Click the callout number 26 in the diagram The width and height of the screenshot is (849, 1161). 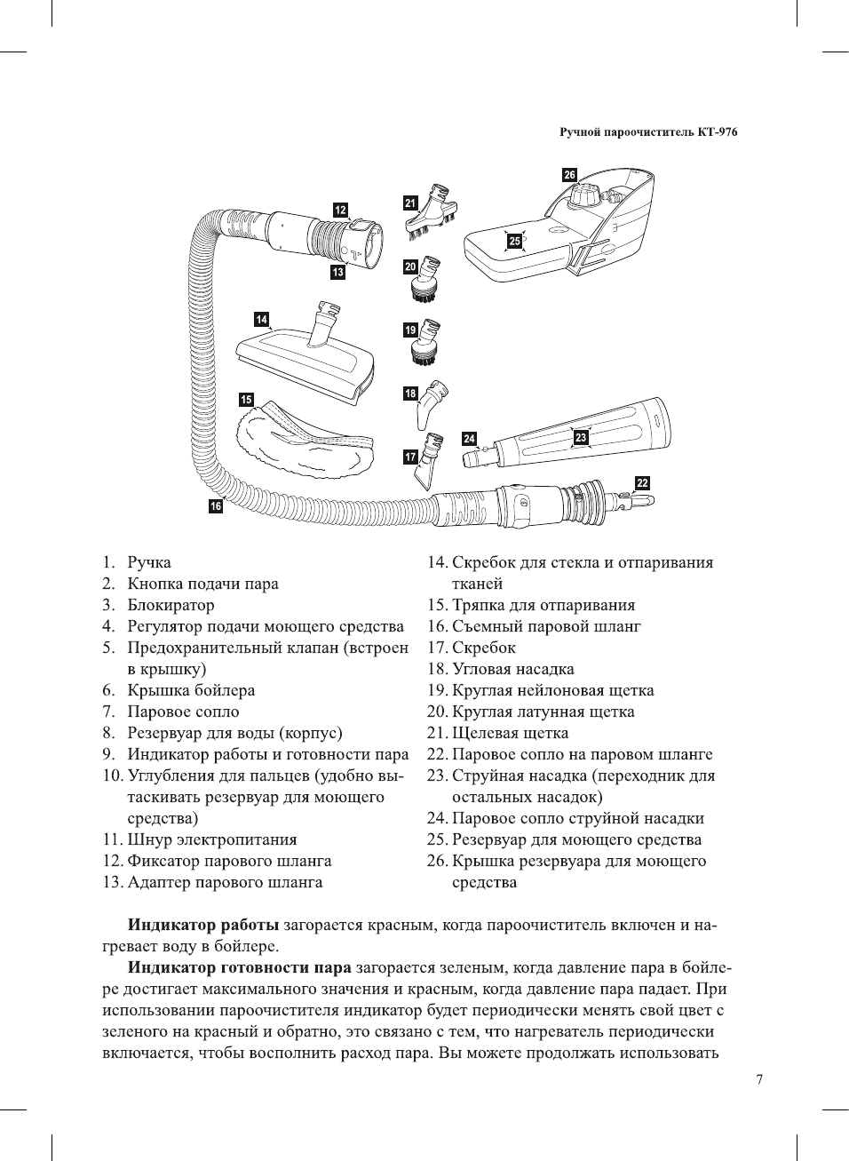tap(569, 175)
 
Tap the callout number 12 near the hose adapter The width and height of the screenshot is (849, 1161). tap(340, 210)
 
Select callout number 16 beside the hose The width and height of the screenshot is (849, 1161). tap(216, 506)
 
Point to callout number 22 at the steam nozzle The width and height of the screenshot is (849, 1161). tap(642, 483)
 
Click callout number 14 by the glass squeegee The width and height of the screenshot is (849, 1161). tap(261, 320)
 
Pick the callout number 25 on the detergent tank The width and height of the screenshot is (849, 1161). tap(514, 241)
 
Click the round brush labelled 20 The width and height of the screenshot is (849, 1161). tap(429, 279)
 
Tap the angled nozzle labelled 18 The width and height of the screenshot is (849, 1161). tap(435, 399)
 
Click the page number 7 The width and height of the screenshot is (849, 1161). tap(758, 1080)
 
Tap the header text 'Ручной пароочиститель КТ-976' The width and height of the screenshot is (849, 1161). tap(648, 132)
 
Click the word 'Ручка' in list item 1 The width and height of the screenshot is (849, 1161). tap(149, 562)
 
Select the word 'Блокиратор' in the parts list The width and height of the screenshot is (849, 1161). tap(171, 605)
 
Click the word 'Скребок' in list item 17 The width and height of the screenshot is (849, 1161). tap(483, 648)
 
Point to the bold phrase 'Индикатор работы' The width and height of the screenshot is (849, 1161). tap(203, 925)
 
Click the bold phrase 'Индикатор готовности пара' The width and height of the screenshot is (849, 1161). tap(240, 967)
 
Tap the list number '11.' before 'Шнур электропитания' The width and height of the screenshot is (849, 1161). tap(112, 839)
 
